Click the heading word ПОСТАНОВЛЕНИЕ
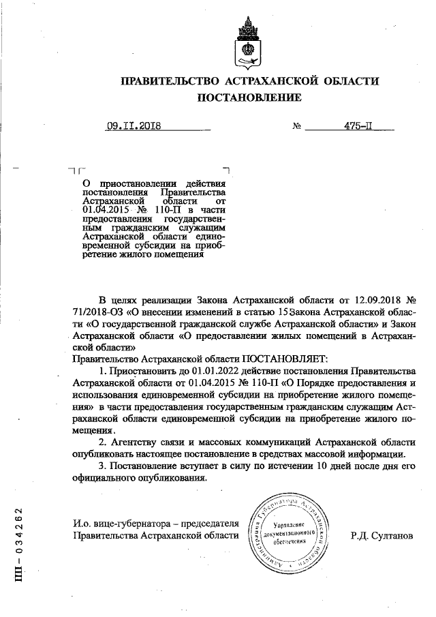[x=249, y=97]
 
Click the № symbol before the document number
[x=296, y=127]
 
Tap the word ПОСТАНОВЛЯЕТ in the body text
[x=285, y=357]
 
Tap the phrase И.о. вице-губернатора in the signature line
[x=114, y=524]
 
